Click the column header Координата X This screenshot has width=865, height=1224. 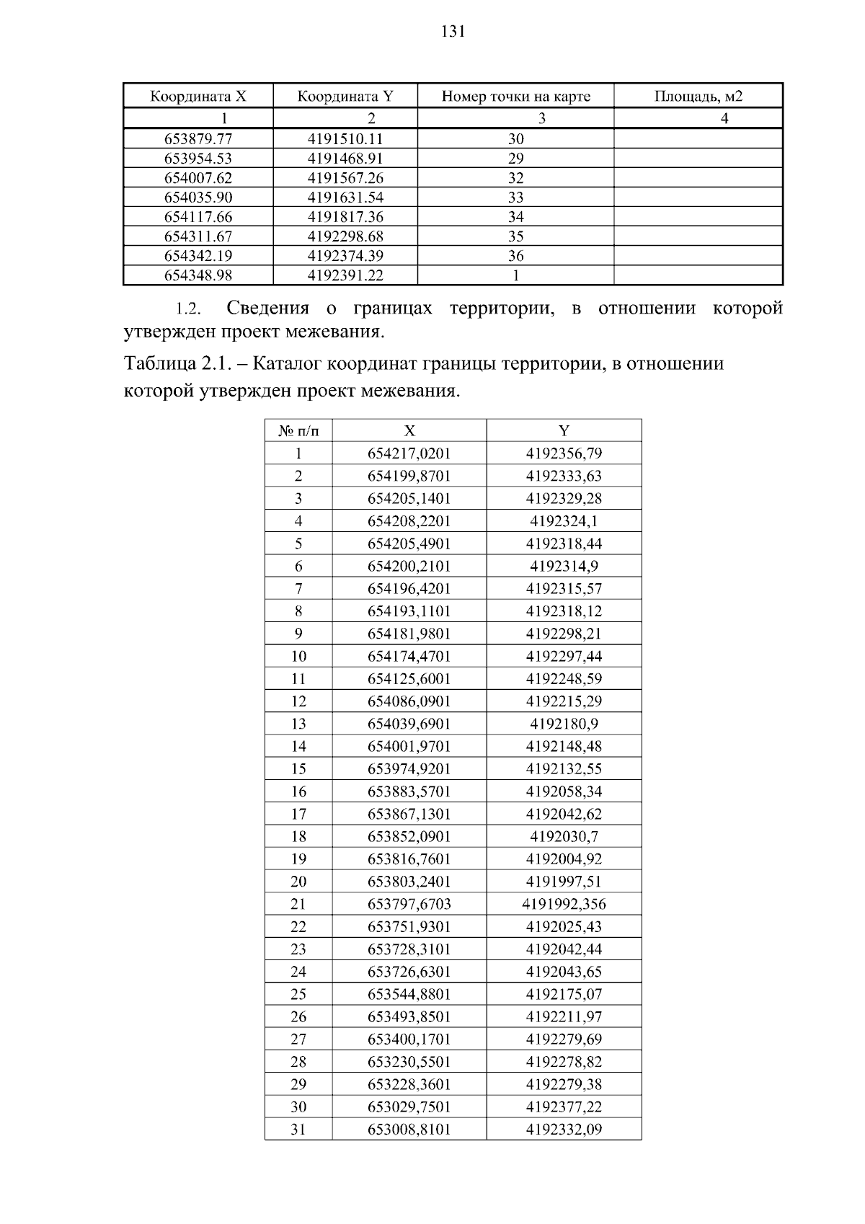click(x=198, y=96)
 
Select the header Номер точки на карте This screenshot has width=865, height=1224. click(x=515, y=96)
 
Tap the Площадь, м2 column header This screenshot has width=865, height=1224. click(x=698, y=96)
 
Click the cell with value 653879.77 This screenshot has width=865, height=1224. click(x=198, y=139)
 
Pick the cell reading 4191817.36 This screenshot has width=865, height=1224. click(x=345, y=217)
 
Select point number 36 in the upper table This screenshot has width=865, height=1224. click(x=515, y=256)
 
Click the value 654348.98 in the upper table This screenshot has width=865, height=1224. click(x=198, y=275)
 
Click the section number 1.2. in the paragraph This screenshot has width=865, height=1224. click(x=187, y=309)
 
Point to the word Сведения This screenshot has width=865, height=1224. click(x=267, y=309)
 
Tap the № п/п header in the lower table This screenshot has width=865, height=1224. click(x=298, y=431)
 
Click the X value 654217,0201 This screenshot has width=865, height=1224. click(x=409, y=453)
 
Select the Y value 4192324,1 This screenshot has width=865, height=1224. click(x=564, y=521)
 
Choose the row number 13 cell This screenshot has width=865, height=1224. click(x=298, y=724)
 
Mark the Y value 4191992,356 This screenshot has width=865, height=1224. click(x=564, y=904)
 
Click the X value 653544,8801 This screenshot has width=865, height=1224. click(x=409, y=994)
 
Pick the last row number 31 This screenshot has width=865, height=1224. click(x=298, y=1130)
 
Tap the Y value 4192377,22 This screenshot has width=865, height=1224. click(x=564, y=1107)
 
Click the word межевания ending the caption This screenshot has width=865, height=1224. click(x=412, y=391)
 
